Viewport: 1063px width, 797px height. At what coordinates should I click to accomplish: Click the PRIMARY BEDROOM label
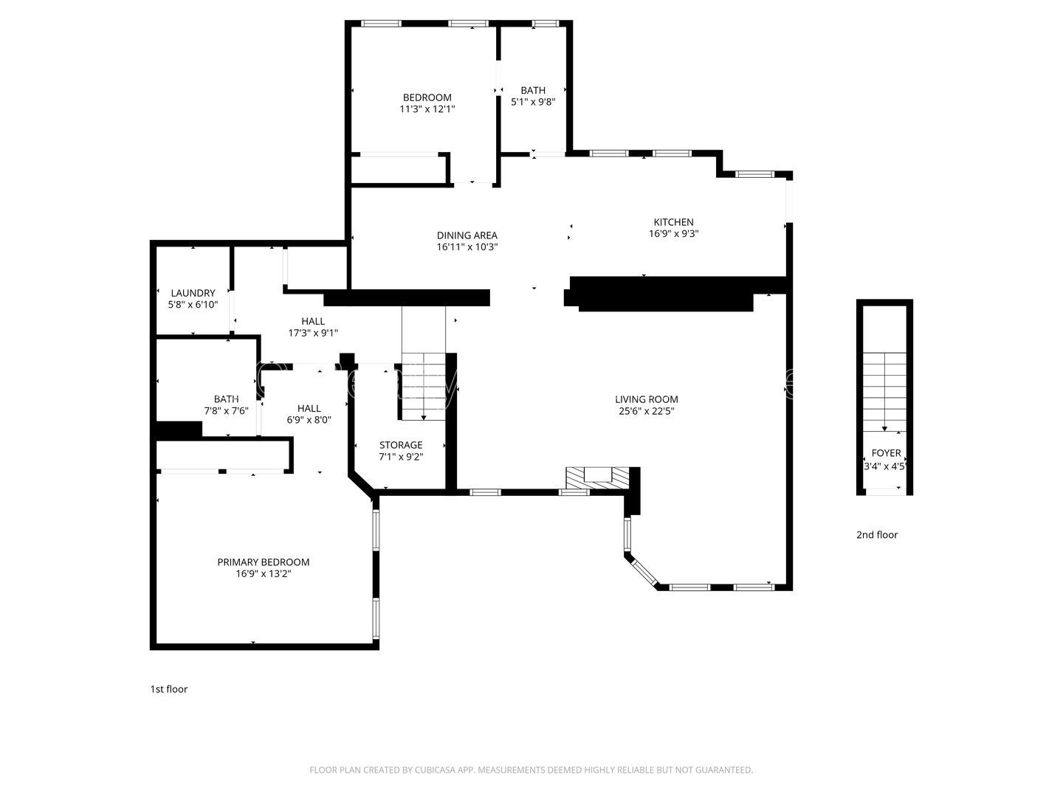point(263,562)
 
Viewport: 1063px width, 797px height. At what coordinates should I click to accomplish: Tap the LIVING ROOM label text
point(647,399)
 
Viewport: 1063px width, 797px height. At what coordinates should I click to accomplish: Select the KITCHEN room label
point(673,221)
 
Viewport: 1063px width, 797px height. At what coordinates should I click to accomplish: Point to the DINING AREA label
point(467,235)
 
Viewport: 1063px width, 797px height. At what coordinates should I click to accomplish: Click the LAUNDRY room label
point(193,293)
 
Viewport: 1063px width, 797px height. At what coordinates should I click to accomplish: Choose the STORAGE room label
point(401,445)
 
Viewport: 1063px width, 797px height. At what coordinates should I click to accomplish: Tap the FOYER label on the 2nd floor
point(886,453)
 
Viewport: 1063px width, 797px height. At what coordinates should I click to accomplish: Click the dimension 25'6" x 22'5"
point(647,411)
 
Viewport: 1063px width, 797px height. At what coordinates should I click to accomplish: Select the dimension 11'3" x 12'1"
point(427,109)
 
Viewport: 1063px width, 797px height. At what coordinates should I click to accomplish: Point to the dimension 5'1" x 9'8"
point(533,103)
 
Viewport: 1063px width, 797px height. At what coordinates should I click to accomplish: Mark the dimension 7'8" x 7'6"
point(226,411)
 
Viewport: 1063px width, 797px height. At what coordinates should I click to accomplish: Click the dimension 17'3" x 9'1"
point(313,333)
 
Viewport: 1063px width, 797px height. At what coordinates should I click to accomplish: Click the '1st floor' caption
point(169,689)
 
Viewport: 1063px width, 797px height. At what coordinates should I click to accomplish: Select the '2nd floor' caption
point(877,535)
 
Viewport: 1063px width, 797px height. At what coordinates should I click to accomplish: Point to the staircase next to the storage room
point(424,385)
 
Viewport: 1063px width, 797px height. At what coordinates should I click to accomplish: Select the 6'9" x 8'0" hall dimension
point(309,420)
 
